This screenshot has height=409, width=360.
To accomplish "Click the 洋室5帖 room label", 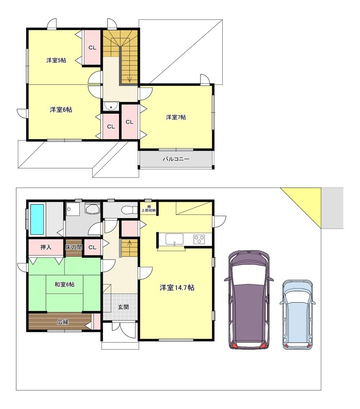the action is (56, 60).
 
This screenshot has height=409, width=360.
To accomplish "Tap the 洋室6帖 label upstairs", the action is (61, 110).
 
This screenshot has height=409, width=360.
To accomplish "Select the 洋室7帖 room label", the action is (176, 117).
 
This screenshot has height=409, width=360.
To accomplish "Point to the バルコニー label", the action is (176, 159).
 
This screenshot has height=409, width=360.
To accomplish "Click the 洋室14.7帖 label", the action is (177, 288).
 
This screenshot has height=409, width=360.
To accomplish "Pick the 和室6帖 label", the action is (65, 284).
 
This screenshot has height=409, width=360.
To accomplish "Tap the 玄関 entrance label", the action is (123, 307).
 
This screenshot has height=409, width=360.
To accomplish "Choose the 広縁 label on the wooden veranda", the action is (63, 322).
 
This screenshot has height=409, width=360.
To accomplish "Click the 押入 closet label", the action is (46, 247).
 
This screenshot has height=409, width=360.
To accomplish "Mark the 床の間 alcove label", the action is (74, 247).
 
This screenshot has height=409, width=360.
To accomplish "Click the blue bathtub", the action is (38, 219).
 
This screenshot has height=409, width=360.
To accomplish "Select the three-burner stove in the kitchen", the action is (199, 239).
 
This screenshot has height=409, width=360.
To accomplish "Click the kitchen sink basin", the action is (174, 239).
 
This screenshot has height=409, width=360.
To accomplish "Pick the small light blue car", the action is (298, 315).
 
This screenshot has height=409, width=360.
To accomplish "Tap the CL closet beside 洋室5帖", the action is (92, 48).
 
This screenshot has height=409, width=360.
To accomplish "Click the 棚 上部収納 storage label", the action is (149, 208).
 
